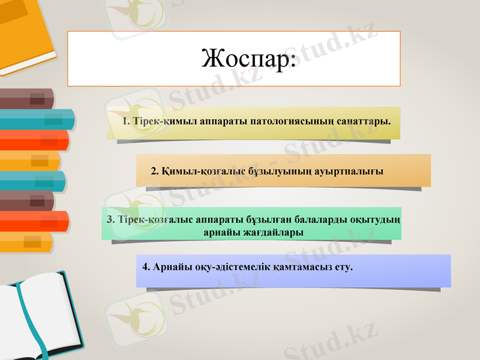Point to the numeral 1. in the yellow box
[x=126, y=121]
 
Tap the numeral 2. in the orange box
[x=155, y=171]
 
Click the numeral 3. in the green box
[x=110, y=220]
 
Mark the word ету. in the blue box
[x=343, y=266]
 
